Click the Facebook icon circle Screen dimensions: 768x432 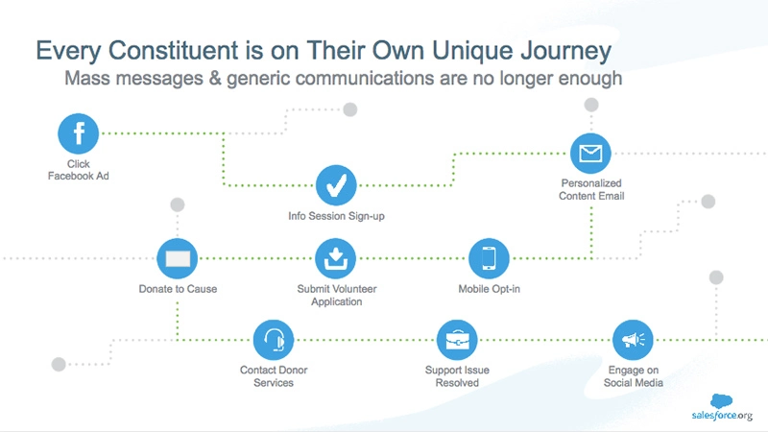(x=79, y=133)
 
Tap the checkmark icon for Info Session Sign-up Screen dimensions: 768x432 (x=336, y=185)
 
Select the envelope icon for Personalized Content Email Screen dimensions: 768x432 (x=590, y=154)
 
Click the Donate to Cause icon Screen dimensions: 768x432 (x=178, y=258)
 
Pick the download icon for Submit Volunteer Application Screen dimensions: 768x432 (x=335, y=258)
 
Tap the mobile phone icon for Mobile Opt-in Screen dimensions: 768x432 (x=489, y=258)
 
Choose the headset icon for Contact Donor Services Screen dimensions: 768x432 (x=274, y=340)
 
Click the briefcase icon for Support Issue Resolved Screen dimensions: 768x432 (x=457, y=340)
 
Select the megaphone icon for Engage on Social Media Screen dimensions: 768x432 (x=633, y=340)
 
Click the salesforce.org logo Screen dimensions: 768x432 (x=722, y=407)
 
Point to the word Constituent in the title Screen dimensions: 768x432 (x=173, y=50)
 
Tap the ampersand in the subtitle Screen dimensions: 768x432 (x=214, y=79)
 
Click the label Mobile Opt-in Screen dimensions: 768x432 (x=489, y=289)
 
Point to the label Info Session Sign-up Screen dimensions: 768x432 (x=336, y=216)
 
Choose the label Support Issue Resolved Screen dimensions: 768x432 (x=457, y=376)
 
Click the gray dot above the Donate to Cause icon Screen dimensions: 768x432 (x=178, y=204)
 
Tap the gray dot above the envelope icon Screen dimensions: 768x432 (x=591, y=105)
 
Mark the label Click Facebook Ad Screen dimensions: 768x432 (x=79, y=170)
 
